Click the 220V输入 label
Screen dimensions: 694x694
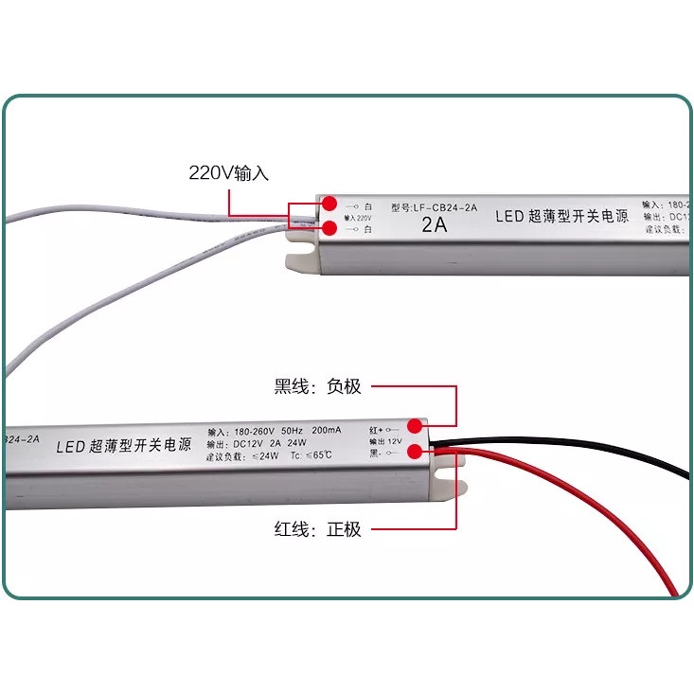pos(229,173)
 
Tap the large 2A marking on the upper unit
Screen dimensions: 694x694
pos(435,226)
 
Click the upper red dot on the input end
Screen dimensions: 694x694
pos(329,204)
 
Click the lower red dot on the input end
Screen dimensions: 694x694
pos(329,228)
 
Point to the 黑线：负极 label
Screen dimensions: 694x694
pos(318,386)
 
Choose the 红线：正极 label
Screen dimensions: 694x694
pos(318,529)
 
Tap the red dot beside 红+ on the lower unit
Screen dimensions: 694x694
pos(416,426)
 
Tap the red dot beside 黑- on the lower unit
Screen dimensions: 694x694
pos(416,452)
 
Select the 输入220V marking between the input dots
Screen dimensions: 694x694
pos(358,217)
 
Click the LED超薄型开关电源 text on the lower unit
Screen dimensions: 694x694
pos(124,444)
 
